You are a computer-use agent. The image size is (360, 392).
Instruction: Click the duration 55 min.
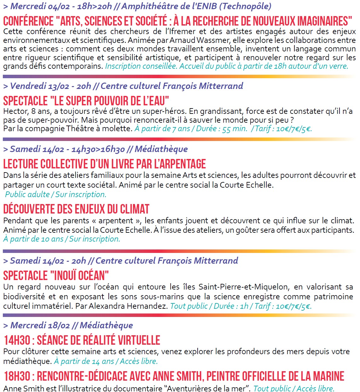coord(235,129)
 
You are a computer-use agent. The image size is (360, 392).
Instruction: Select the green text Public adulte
coord(27,195)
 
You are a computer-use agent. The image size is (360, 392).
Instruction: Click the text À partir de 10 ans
coord(33,239)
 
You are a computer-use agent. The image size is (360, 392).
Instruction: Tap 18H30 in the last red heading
coord(17,376)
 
